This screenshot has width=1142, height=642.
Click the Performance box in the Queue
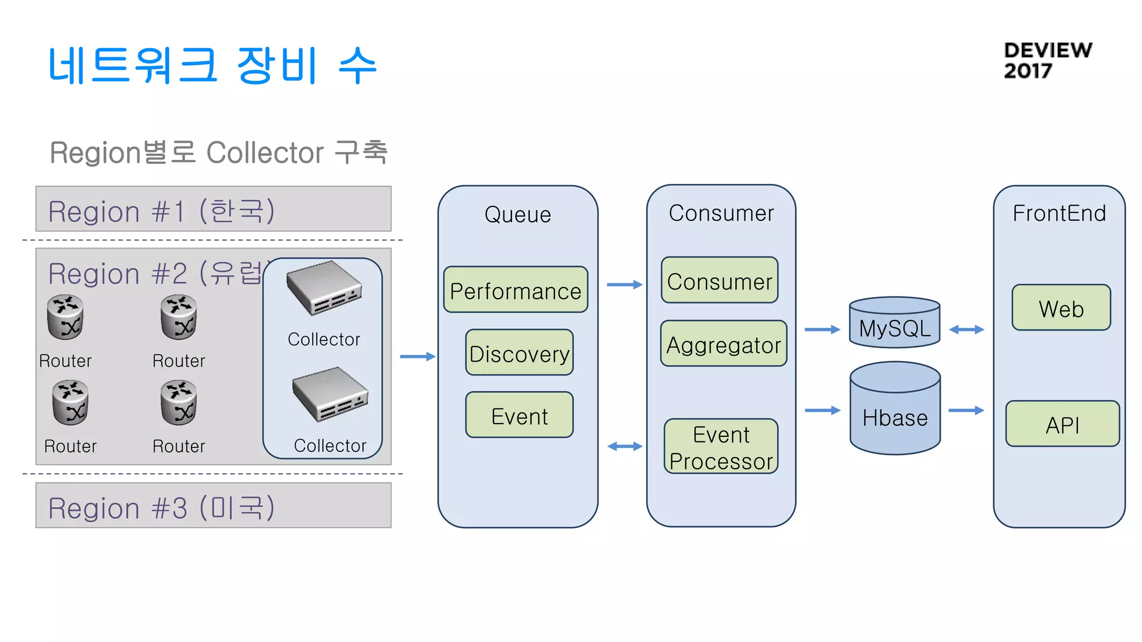515,290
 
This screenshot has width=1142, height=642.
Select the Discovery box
519,353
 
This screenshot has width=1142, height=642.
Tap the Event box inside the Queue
519,415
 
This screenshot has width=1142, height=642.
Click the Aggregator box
723,344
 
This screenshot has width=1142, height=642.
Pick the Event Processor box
721,447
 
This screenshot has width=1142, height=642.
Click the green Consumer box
719,280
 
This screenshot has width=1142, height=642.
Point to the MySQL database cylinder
894,323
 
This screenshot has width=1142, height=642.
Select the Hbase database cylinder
895,410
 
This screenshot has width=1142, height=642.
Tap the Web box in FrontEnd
1061,308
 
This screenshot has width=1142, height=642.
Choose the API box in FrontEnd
1062,424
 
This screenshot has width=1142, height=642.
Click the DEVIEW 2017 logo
1047,60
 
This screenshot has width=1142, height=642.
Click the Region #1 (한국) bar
213,210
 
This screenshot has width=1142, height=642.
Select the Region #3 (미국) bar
213,505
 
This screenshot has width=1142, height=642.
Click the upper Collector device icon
325,289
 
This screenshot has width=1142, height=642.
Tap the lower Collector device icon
330,394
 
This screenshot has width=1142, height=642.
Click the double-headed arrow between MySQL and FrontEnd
966,330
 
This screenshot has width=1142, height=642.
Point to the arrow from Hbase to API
966,411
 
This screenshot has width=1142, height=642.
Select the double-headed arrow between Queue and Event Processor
625,446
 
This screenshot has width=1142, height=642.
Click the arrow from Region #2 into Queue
417,357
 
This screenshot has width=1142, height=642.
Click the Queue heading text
517,215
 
